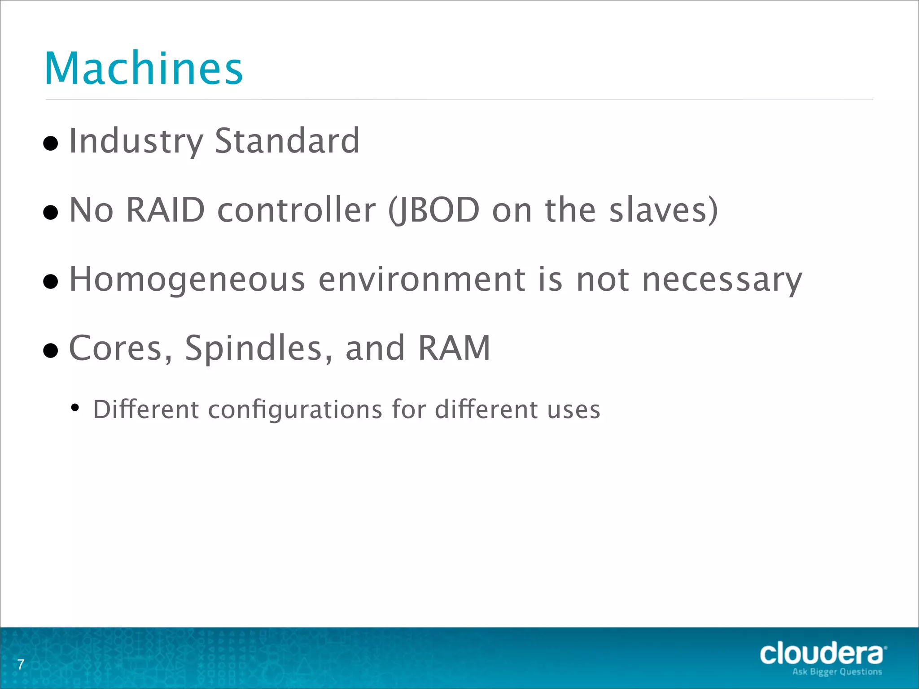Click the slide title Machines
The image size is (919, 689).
pos(144,68)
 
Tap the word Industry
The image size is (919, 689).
pos(136,142)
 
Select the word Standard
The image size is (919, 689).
pos(287,141)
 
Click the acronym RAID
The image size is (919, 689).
pos(166,210)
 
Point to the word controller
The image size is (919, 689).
pos(296,210)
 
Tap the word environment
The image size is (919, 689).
pos(422,279)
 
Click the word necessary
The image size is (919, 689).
pos(722,280)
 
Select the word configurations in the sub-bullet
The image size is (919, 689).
pos(295,410)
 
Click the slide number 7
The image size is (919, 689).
pos(21,664)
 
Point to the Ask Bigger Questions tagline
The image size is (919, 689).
pos(837,672)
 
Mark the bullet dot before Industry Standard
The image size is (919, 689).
pos(51,144)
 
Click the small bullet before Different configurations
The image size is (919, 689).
pos(75,408)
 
